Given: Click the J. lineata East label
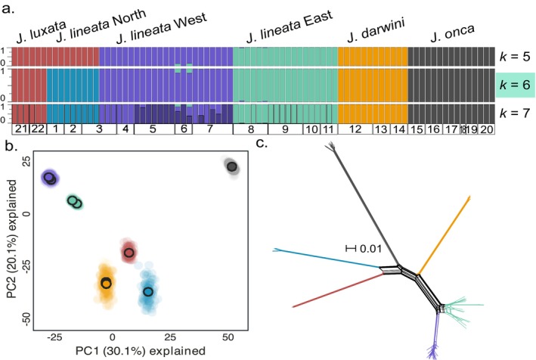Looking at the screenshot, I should tap(284, 33).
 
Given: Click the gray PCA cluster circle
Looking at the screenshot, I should tap(232, 166).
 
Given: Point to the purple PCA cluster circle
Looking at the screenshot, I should tap(50, 178).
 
